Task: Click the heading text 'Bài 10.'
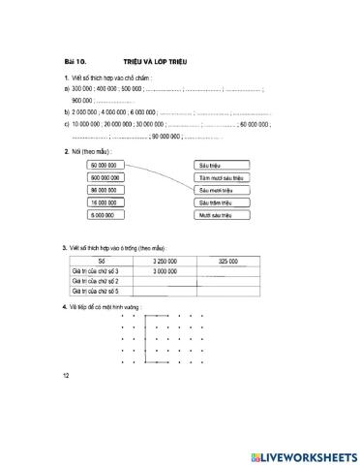click(74, 61)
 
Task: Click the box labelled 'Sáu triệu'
click(222, 167)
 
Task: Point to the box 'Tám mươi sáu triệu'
click(222, 178)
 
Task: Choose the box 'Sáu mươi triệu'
click(222, 191)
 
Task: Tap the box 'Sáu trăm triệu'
click(222, 202)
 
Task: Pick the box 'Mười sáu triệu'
click(222, 215)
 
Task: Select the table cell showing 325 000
click(228, 262)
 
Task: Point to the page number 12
click(66, 373)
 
